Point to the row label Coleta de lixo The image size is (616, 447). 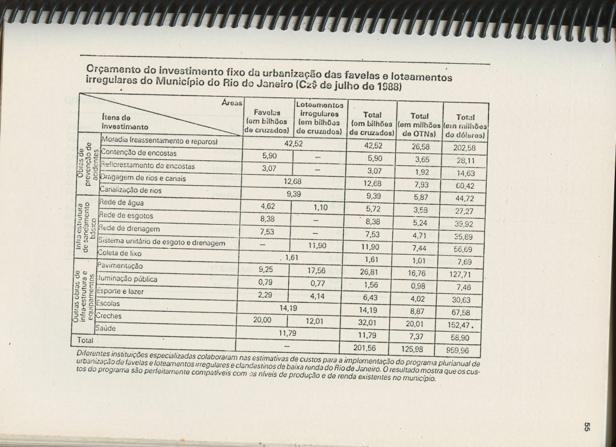coord(118,254)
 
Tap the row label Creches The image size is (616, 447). coord(109,316)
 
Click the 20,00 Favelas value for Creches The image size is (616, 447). coord(263,321)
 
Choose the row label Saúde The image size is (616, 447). coord(107,329)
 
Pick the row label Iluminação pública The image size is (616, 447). coord(125,279)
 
